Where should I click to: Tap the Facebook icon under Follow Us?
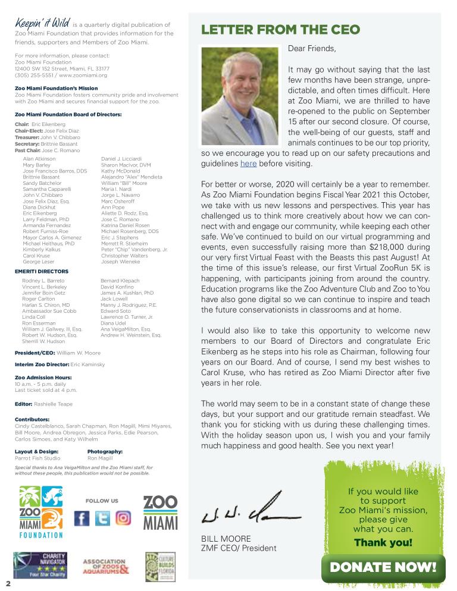(82, 518)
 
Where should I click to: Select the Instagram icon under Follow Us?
(123, 518)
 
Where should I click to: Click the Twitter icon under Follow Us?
(102, 518)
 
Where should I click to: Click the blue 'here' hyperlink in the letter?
(248, 164)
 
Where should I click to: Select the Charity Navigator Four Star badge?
(40, 565)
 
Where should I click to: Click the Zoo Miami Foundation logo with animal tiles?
(40, 511)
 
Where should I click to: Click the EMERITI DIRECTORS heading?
(41, 271)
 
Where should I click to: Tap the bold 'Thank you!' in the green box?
(383, 542)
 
